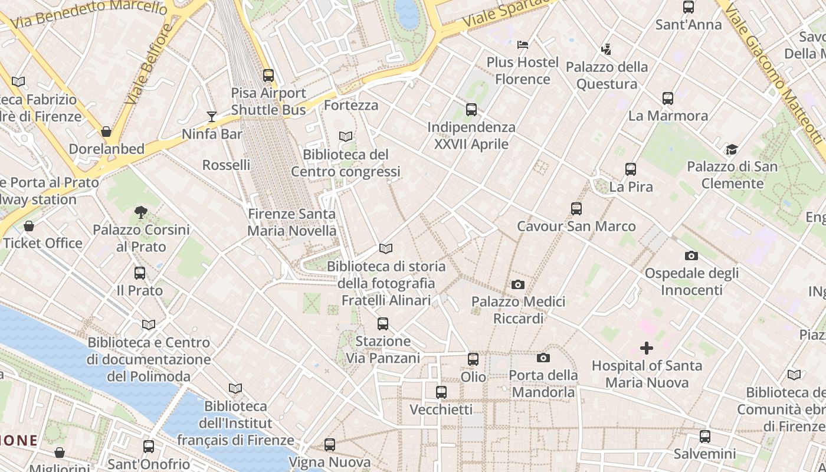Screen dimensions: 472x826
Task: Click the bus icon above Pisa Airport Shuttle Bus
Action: click(x=268, y=76)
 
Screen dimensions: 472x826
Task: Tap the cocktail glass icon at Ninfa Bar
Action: click(x=212, y=117)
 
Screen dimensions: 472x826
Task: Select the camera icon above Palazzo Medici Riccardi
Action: click(x=517, y=285)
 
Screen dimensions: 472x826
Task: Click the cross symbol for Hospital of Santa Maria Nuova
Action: click(x=647, y=348)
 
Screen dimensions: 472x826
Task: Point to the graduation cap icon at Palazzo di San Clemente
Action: click(x=732, y=149)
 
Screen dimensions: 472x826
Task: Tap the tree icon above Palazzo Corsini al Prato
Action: click(x=140, y=212)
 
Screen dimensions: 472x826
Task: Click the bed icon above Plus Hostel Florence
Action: click(x=522, y=44)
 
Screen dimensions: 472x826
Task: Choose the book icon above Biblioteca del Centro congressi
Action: click(x=346, y=137)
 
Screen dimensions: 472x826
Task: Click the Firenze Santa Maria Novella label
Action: click(x=291, y=222)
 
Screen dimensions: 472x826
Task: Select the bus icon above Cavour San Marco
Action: click(x=576, y=208)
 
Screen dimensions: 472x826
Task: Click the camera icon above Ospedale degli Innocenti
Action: click(x=691, y=256)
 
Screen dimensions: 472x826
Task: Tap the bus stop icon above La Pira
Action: click(x=631, y=169)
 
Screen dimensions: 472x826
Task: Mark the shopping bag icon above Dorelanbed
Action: click(x=106, y=132)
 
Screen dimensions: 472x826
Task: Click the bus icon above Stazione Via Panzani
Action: click(x=383, y=323)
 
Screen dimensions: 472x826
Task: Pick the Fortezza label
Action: click(x=351, y=106)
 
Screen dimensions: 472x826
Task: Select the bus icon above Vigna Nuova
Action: click(x=330, y=444)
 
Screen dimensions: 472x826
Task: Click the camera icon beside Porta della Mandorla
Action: click(x=543, y=358)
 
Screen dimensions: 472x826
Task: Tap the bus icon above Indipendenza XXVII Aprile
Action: click(x=471, y=109)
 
